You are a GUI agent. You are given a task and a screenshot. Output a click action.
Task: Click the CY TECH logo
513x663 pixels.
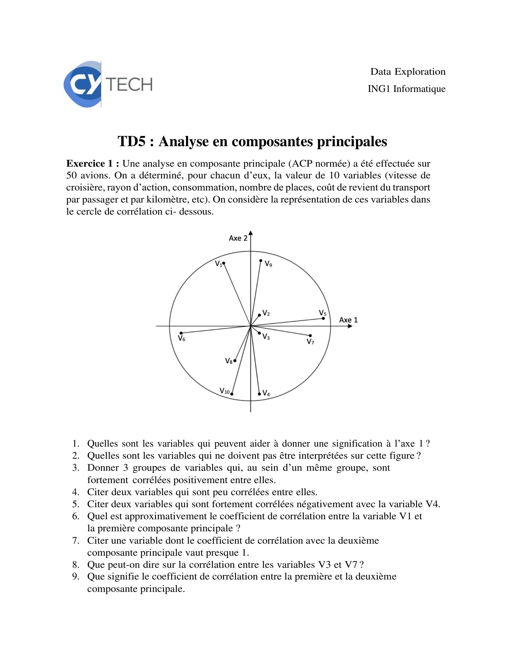108,84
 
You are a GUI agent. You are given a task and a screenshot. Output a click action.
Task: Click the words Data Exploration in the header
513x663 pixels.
408,72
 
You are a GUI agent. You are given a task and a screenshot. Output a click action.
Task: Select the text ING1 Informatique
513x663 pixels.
406,89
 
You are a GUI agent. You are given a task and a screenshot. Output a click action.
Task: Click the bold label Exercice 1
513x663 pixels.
93,164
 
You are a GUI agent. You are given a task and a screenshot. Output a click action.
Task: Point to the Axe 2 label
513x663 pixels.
238,238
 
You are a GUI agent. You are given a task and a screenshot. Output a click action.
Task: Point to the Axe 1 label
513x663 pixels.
348,320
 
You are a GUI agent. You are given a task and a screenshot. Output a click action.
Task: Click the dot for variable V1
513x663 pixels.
224,263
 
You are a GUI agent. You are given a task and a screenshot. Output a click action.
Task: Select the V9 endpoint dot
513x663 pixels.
261,260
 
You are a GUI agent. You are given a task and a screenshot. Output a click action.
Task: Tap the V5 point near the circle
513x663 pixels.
323,318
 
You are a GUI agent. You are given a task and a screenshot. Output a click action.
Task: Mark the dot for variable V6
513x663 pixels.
181,333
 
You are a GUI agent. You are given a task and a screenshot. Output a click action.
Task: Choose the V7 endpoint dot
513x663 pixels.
310,335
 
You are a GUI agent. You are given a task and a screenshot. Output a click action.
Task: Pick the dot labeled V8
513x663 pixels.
234,360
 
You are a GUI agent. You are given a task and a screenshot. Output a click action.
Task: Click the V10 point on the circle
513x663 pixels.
232,394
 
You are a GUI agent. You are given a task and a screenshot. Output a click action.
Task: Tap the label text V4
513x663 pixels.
266,393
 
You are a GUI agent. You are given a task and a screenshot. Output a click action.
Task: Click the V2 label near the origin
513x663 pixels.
266,313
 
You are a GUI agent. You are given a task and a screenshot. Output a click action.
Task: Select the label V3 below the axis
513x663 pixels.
266,336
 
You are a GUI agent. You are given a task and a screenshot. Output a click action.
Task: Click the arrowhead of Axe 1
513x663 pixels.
350,326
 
